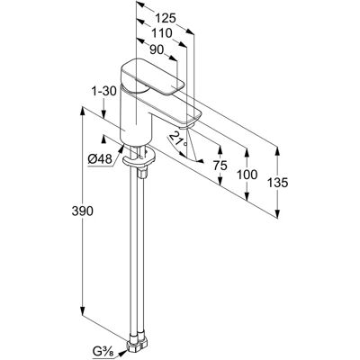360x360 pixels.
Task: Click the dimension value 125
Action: click(x=166, y=19)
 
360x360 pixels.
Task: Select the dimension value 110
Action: click(x=161, y=33)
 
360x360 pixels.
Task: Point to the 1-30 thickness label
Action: click(x=104, y=90)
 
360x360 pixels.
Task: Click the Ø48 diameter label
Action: click(x=100, y=158)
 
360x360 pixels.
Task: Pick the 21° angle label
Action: click(x=178, y=139)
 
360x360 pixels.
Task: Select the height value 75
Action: click(x=220, y=166)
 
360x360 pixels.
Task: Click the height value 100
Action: click(x=247, y=175)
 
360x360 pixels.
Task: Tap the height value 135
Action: click(x=278, y=183)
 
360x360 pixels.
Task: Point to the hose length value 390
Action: click(x=83, y=211)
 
